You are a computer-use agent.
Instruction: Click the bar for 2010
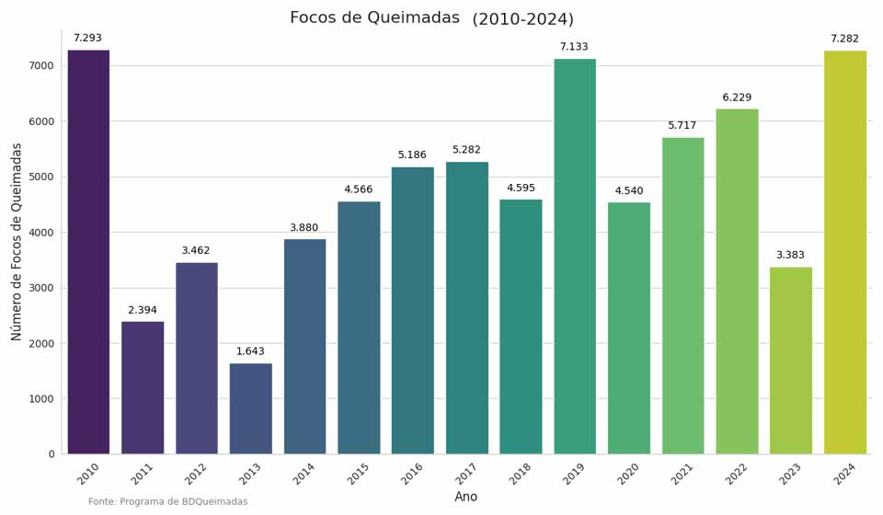88,252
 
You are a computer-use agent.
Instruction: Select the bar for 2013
250,408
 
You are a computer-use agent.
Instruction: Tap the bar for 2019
575,257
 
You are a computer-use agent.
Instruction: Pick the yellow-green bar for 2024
845,252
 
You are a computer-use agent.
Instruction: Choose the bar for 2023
791,360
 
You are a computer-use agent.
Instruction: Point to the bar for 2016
413,310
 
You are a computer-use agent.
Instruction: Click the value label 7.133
574,47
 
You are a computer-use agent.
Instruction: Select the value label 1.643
250,351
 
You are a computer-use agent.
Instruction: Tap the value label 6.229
737,97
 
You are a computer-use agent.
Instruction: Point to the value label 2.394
143,310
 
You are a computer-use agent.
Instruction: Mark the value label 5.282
466,150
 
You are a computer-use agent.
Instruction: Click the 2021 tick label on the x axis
682,474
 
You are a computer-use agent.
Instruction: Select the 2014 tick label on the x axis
304,474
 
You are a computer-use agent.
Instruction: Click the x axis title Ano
466,498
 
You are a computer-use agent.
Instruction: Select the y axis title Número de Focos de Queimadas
17,241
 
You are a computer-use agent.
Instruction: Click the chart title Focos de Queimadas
374,18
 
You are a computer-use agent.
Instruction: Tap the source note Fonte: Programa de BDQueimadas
168,502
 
